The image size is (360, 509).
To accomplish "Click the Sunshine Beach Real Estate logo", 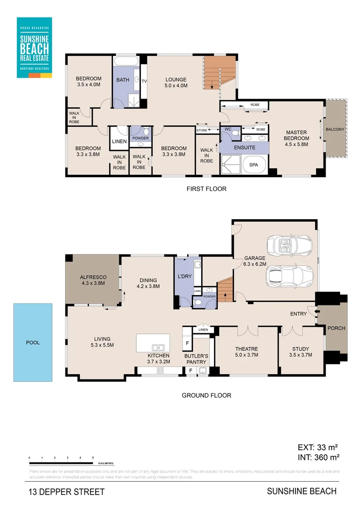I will (x=34, y=47).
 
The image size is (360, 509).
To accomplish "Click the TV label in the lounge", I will (x=144, y=81).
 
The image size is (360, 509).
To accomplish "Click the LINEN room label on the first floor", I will (x=119, y=141).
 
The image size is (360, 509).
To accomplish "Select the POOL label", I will (x=33, y=343).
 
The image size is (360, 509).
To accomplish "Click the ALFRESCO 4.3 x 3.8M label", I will (x=93, y=280).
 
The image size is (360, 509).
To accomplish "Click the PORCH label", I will (x=336, y=328).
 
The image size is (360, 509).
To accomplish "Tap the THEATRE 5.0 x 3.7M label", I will (x=247, y=352).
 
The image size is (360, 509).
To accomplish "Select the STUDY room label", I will (x=301, y=352).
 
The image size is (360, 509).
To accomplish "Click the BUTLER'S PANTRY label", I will (x=196, y=359).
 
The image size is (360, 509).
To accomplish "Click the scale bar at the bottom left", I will (x=61, y=458).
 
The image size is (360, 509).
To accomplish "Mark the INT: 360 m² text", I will (x=319, y=457).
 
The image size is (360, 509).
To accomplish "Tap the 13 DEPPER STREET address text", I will (x=66, y=492).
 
